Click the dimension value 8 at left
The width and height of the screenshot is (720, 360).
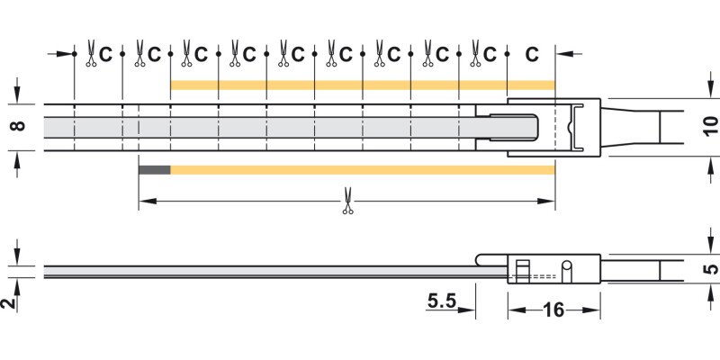point(18,125)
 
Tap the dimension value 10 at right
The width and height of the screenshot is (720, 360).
point(711,126)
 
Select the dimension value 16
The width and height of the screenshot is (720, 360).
point(553,310)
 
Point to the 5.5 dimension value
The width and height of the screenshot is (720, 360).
point(442,301)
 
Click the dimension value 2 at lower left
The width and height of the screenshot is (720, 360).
point(7,302)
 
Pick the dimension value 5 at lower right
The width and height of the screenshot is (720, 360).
point(711,268)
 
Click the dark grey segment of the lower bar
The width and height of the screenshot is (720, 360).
point(154,170)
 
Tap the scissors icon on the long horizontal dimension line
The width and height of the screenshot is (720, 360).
point(347,201)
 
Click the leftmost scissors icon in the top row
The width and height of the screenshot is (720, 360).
point(91,54)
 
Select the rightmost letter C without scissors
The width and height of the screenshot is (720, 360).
point(532,55)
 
